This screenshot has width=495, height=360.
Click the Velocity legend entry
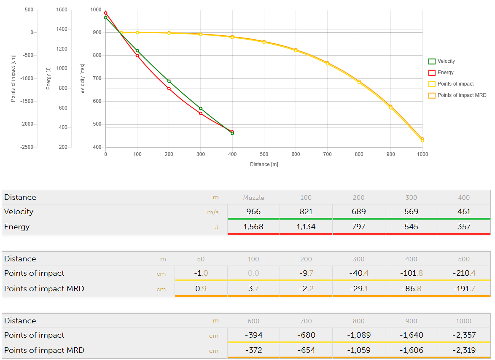(446, 61)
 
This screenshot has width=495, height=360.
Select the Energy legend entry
(445, 73)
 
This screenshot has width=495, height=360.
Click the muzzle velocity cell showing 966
(253, 212)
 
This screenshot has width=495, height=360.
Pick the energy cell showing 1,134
(306, 227)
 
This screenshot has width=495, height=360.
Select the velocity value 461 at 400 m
(464, 212)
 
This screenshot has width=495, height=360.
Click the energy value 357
(464, 227)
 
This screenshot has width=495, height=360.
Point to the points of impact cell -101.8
(411, 273)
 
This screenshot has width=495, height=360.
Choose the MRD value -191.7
(464, 289)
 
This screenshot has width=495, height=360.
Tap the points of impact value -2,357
(464, 335)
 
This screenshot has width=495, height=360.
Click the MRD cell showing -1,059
(358, 350)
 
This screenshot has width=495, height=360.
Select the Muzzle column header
(253, 197)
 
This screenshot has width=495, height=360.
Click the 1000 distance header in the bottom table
(464, 321)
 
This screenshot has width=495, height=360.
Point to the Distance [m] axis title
(264, 164)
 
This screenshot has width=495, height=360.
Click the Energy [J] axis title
(49, 78)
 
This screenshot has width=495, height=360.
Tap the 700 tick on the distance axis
(327, 154)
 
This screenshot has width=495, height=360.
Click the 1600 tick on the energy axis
(62, 10)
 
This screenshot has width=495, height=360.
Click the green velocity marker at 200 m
(169, 81)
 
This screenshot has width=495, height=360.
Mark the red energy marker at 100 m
(137, 56)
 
